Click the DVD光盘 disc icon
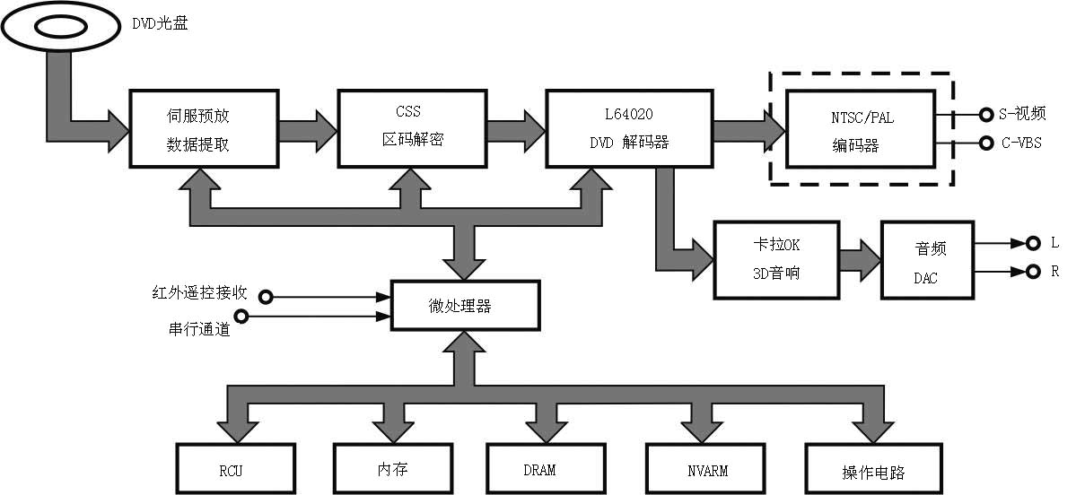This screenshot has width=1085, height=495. [60, 28]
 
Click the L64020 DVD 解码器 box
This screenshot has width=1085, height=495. [629, 128]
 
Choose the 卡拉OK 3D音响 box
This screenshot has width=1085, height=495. [776, 259]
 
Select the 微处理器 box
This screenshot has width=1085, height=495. [465, 305]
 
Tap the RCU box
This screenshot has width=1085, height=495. [235, 469]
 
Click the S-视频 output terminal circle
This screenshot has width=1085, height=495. [984, 114]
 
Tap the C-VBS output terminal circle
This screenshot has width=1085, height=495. [984, 143]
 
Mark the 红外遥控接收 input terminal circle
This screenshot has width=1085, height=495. [265, 295]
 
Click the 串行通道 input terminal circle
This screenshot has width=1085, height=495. [240, 316]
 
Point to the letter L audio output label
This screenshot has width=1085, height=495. [1054, 243]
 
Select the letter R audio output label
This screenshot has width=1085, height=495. [1054, 272]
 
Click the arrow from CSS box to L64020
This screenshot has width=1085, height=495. [516, 128]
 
